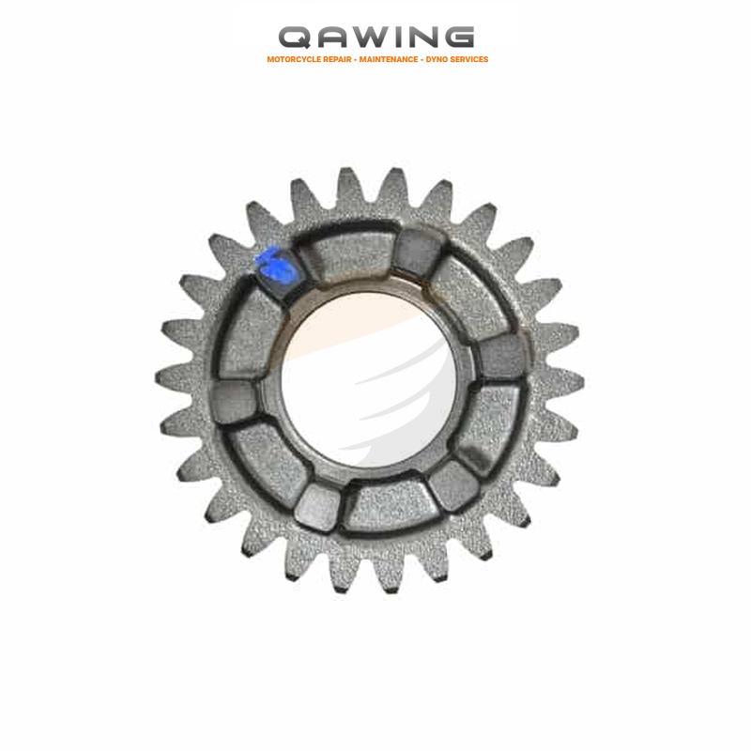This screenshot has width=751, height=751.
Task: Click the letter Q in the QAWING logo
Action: pos(294,38)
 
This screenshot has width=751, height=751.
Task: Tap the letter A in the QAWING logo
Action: pos(335,38)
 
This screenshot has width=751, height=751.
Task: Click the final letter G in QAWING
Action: pos(459,38)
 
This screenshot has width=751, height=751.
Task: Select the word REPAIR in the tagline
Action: pos(337,59)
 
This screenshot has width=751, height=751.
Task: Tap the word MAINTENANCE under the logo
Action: pos(389,59)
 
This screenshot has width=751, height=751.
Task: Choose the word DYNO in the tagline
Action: pos(436,59)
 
